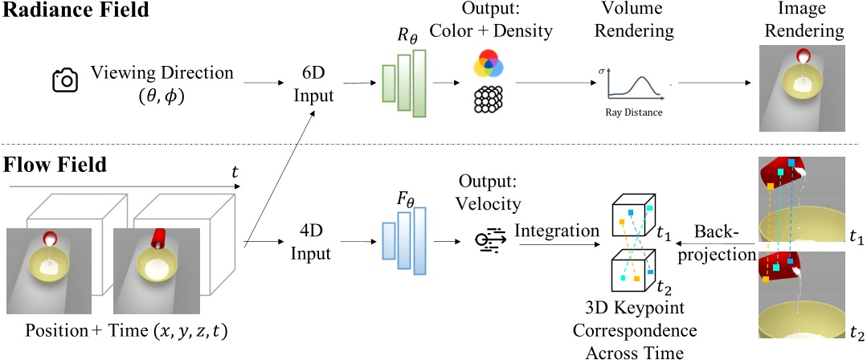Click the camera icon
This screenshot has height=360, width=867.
(x=64, y=80)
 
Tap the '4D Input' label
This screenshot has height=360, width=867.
(x=309, y=242)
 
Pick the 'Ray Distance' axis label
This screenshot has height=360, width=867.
(x=634, y=112)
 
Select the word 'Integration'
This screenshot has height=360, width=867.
(x=558, y=231)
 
